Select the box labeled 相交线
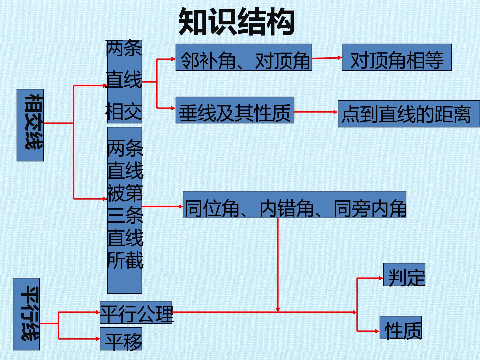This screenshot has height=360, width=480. tap(30, 125)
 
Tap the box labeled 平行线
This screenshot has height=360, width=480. tap(26, 314)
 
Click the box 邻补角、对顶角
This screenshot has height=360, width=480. tap(244, 57)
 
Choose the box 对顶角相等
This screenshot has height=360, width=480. tap(397, 57)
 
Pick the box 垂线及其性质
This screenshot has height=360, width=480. tap(235, 110)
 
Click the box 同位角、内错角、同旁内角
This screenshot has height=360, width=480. tap(295, 204)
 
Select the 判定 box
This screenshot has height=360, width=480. tap(404, 275)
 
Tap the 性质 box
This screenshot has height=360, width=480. tap(400, 327)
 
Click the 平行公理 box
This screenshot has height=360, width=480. tap(136, 312)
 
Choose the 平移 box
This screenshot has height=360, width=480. tap(121, 339)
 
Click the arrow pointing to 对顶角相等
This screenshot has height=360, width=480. tap(327, 58)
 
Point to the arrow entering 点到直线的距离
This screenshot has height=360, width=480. tap(316, 112)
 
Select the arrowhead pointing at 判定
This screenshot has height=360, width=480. tap(381, 278)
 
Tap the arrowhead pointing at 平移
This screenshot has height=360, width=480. tap(98, 339)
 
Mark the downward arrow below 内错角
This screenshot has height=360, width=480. tap(278, 265)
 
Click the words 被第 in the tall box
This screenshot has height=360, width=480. tap(125, 193)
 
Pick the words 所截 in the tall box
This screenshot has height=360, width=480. tap(125, 260)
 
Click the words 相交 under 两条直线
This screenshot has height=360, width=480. tap(124, 111)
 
